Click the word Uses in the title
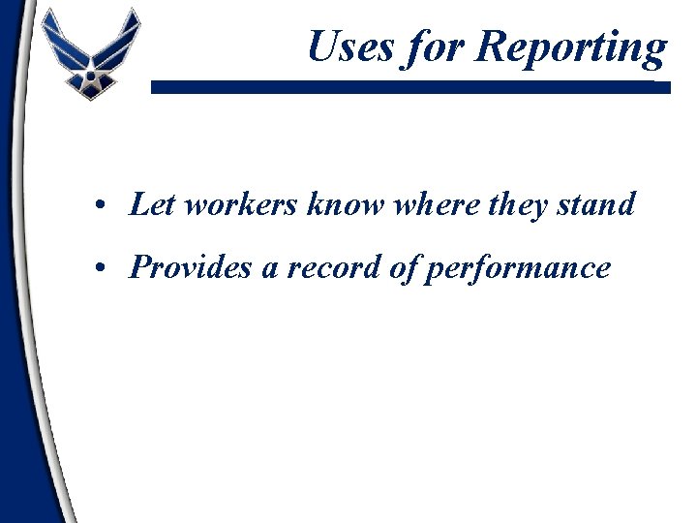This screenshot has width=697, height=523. (350, 46)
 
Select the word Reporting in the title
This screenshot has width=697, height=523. (571, 48)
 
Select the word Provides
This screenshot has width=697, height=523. (190, 266)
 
